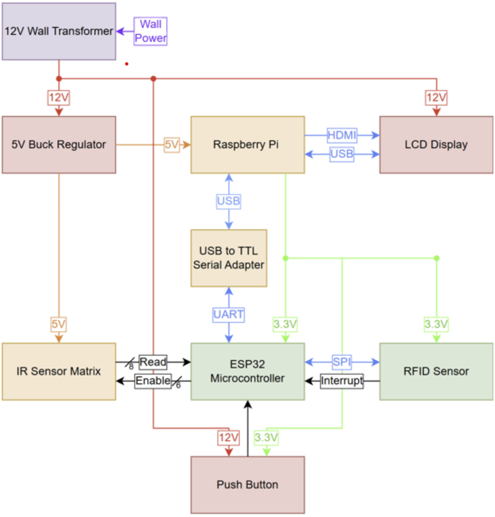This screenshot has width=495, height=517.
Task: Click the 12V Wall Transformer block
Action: coord(59,31)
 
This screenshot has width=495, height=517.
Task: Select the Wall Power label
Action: coord(150,31)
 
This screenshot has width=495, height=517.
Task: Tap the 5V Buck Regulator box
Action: coord(59,145)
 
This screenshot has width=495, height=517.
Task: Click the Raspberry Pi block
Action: coord(247,145)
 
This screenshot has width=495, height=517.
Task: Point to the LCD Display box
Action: coord(436,145)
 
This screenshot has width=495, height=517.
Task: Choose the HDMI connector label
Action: coord(342,135)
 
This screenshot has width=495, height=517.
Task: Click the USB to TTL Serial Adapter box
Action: coord(229,258)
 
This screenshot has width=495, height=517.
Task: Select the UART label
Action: coord(229,315)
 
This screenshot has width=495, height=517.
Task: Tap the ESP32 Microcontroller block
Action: coord(247,372)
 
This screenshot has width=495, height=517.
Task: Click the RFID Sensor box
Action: coord(436,372)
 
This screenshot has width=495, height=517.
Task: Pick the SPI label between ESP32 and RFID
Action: coord(342,362)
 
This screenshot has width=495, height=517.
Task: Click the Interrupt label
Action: coord(342,381)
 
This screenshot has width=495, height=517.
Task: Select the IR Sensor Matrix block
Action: coord(59,372)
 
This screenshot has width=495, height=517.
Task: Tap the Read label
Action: coord(153,362)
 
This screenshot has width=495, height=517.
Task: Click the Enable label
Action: coord(153,381)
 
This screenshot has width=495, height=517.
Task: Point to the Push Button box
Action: coord(247,485)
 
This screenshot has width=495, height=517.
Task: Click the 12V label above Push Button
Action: coord(228,438)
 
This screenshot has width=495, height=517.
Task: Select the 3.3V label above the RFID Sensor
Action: coord(436,324)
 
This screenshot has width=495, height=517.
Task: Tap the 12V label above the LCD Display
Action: coord(436,97)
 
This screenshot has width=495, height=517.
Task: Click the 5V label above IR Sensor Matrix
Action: coord(59,324)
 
